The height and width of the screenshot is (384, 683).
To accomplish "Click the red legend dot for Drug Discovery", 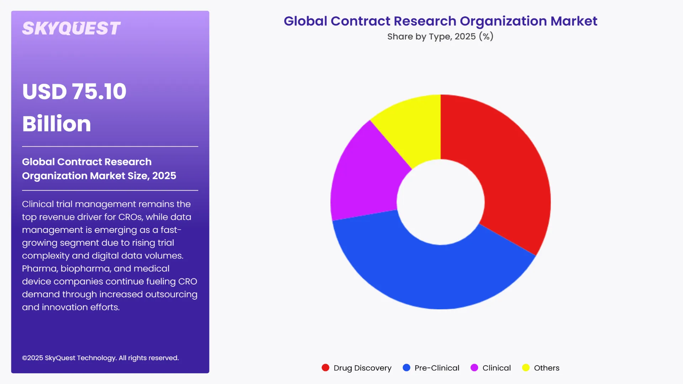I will pos(325,368).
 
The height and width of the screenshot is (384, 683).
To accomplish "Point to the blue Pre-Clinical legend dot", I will pos(406,368).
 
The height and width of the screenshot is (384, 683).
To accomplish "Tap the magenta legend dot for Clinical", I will pos(474,368).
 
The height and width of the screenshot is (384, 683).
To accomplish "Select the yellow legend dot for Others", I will pos(526,368).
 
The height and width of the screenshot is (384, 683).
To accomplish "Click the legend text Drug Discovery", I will pos(362,368).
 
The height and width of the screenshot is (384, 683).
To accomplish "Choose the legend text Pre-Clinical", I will pos(437,368).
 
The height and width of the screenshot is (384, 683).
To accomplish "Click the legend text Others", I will pos(546,368).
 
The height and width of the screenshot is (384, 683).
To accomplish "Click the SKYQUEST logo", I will pos(71,28).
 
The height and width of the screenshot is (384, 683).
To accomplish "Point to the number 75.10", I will pos(99,91).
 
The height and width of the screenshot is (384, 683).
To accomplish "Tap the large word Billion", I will pos(57,124).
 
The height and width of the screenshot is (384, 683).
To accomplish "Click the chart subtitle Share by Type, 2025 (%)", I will pos(440,37).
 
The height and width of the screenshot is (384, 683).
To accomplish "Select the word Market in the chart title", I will pos(574,21).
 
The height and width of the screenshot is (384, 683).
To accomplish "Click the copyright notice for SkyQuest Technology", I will pos(100,358).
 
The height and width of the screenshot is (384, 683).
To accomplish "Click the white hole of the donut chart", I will pos(440,202).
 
